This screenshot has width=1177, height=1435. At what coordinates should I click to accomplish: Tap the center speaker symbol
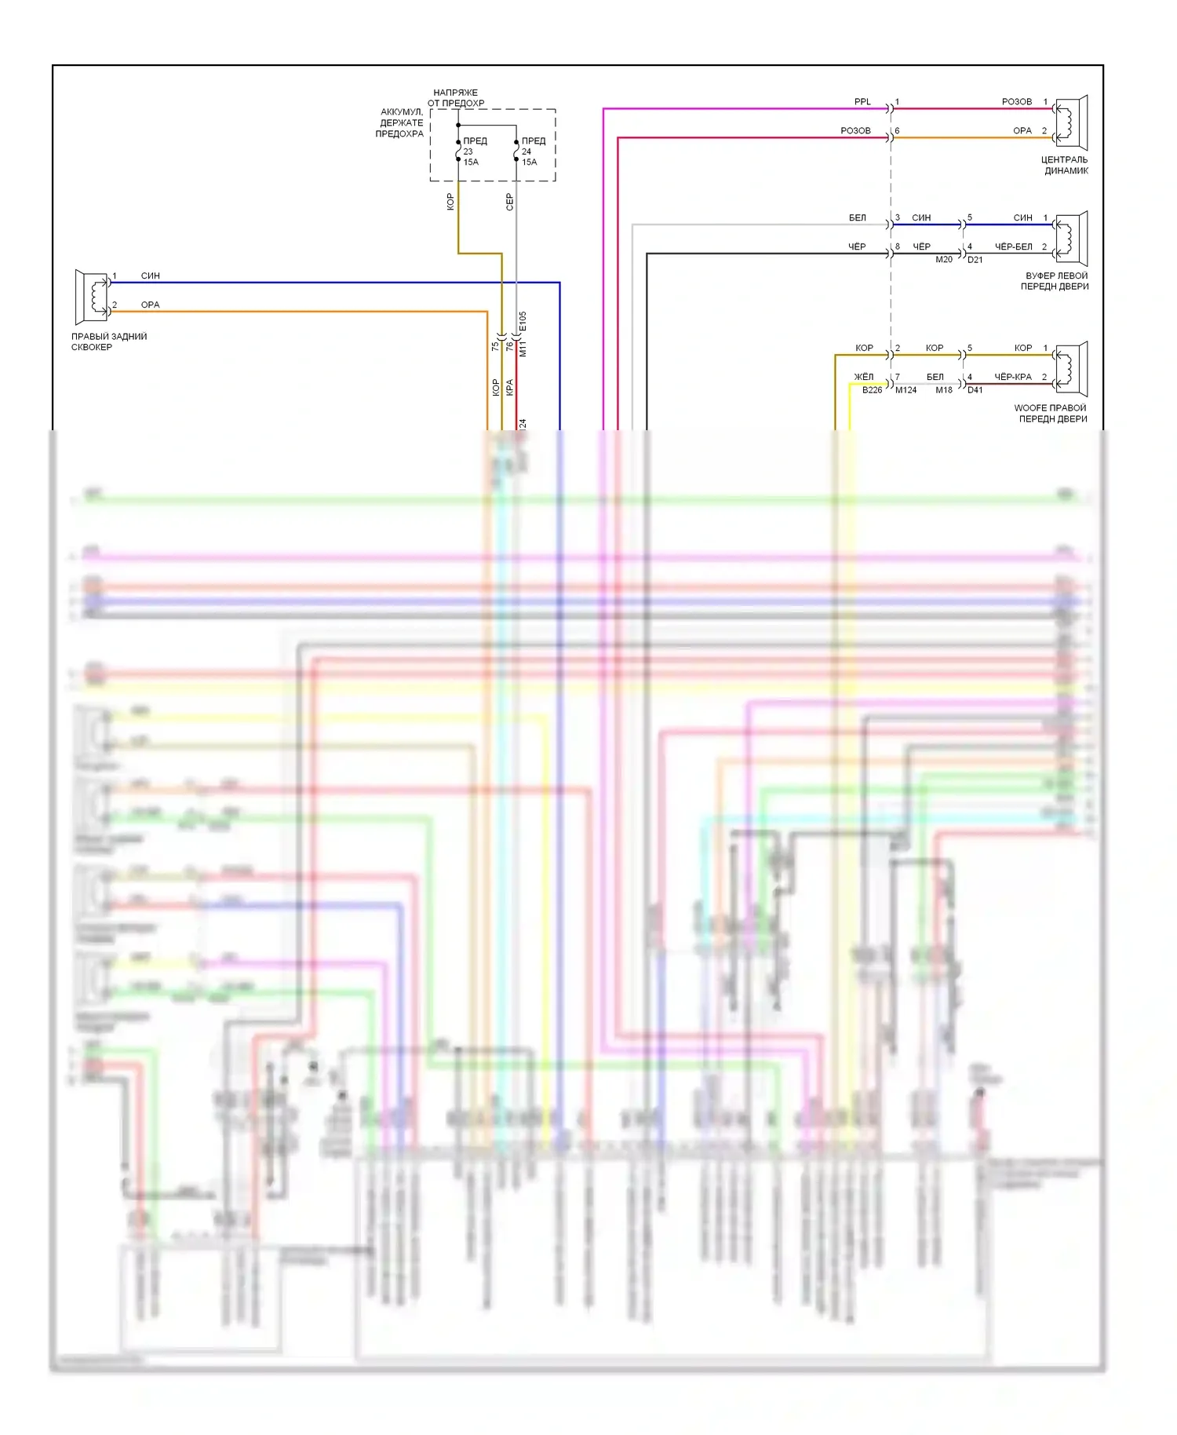tap(1070, 123)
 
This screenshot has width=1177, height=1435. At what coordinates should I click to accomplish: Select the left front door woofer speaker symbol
tap(1070, 239)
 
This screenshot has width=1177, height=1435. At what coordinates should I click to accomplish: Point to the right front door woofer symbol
tap(1070, 369)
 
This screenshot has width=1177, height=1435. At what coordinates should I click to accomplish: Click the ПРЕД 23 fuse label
tap(471, 152)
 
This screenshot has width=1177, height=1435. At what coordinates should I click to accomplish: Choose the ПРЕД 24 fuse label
tap(530, 152)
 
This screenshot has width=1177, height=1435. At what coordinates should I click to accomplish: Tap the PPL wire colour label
tap(862, 102)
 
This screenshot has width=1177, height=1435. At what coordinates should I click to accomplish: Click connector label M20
tap(944, 260)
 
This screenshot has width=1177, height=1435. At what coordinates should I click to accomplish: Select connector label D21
tap(975, 260)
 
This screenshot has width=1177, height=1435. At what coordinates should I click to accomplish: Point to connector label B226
tap(872, 390)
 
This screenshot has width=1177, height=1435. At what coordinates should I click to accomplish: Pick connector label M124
tap(906, 390)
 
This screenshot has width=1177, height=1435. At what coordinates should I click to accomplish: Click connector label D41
tap(975, 390)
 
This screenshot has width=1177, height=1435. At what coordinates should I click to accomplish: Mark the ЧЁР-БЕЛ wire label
tap(1013, 246)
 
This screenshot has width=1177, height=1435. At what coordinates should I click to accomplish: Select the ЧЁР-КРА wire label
tap(1013, 377)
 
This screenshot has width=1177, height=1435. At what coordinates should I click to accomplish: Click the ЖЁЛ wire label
tap(863, 377)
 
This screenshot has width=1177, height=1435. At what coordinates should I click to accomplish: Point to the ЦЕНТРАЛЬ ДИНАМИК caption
tap(1065, 165)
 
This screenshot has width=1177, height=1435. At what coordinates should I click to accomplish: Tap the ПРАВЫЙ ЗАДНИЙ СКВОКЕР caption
tap(109, 341)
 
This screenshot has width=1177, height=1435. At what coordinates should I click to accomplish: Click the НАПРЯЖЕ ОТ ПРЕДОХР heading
tap(456, 97)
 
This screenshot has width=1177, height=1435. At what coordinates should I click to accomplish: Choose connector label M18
tap(944, 390)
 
